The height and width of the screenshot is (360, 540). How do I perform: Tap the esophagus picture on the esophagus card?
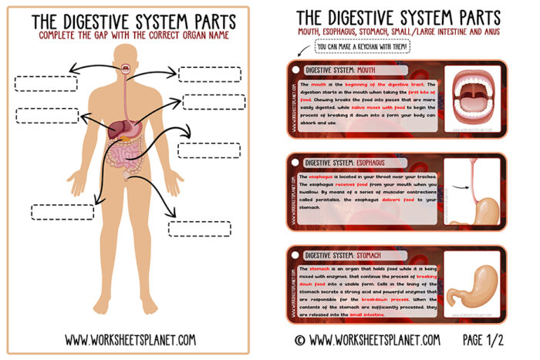[474, 193]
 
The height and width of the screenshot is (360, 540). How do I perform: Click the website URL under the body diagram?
[130, 338]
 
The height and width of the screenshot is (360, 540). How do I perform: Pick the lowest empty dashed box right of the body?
[198, 228]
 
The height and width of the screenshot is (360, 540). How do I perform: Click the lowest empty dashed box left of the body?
[62, 211]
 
